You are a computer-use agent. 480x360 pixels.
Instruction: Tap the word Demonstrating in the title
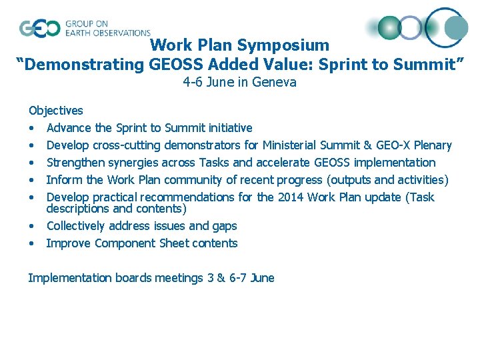[x=83, y=64]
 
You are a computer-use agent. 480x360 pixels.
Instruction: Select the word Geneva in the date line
[x=275, y=83]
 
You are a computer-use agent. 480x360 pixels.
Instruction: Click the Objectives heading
[x=55, y=111]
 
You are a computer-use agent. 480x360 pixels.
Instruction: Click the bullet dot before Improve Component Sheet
[x=31, y=244]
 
